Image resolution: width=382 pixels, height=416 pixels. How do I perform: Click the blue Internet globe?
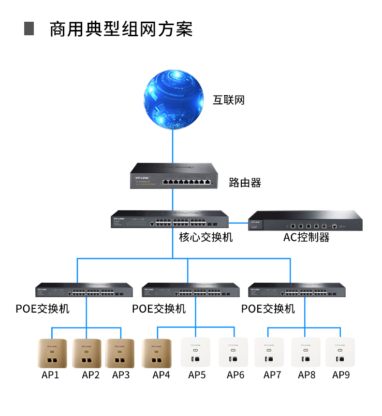tap(172, 100)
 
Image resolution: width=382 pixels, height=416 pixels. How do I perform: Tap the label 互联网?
tap(229, 100)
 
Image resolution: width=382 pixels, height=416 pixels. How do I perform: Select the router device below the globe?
tap(173, 176)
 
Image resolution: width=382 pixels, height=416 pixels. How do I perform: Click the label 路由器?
tap(245, 183)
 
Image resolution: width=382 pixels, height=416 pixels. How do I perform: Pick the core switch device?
tap(170, 220)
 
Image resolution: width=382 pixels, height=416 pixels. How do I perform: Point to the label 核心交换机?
tap(206, 237)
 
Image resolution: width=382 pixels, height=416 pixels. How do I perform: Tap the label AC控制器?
tap(307, 237)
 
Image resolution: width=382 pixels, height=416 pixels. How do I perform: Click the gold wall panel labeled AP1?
tap(52, 353)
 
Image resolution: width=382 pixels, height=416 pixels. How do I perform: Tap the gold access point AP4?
tap(157, 353)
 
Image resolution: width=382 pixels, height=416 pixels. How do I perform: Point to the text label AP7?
tap(273, 375)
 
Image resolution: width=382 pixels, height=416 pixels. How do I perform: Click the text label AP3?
tap(121, 375)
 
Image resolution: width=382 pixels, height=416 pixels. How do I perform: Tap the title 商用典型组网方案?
tap(121, 29)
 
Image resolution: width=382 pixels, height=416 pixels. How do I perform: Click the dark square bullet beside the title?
tap(29, 29)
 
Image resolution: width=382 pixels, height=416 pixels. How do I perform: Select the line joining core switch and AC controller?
tap(238, 223)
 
